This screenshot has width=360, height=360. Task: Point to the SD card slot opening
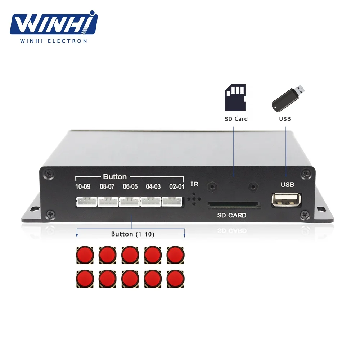[234, 204]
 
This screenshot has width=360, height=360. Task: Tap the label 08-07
[107, 187]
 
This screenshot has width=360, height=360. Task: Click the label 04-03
[153, 187]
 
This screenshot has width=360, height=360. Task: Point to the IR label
[194, 185]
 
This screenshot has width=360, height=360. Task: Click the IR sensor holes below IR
[194, 199]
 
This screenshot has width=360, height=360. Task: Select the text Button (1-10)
[132, 234]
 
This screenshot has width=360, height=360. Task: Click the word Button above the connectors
[115, 177]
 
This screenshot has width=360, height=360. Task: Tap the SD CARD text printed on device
[232, 216]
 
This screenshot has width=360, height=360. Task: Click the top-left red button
[85, 255]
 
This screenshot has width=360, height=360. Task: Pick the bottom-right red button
[175, 278]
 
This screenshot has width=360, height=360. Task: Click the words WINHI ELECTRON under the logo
[53, 41]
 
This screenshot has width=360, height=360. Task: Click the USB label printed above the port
[287, 185]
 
